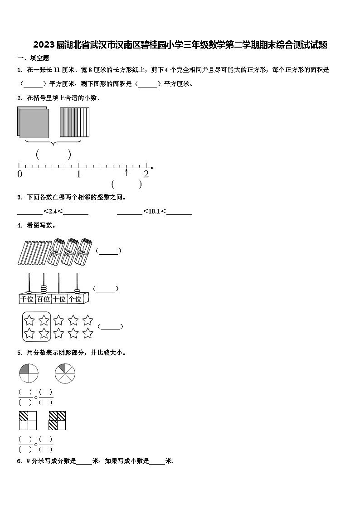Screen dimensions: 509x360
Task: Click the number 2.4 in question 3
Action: (x=53, y=211)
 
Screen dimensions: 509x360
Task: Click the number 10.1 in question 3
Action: (x=154, y=211)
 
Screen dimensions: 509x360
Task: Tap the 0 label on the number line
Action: (x=19, y=174)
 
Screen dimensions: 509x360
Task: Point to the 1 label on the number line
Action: (x=79, y=174)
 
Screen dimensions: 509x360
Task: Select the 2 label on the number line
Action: (x=146, y=174)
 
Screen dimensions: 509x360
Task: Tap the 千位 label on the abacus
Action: (x=27, y=299)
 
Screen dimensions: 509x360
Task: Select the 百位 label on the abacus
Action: (x=44, y=299)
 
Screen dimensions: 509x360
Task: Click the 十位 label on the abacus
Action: (x=59, y=299)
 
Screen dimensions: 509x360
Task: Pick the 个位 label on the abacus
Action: (x=75, y=299)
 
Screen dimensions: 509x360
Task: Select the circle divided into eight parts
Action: (x=65, y=373)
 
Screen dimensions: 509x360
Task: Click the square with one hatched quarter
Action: (x=28, y=421)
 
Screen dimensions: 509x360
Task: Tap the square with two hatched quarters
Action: (x=58, y=421)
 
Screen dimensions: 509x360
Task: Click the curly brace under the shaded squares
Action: (x=54, y=143)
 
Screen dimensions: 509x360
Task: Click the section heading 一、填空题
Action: (x=33, y=58)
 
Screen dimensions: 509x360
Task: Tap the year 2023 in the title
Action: (x=44, y=45)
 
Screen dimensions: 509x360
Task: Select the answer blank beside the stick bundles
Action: (x=108, y=252)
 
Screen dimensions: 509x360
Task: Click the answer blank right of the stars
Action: (x=110, y=326)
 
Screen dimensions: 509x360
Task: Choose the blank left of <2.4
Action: (x=29, y=212)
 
